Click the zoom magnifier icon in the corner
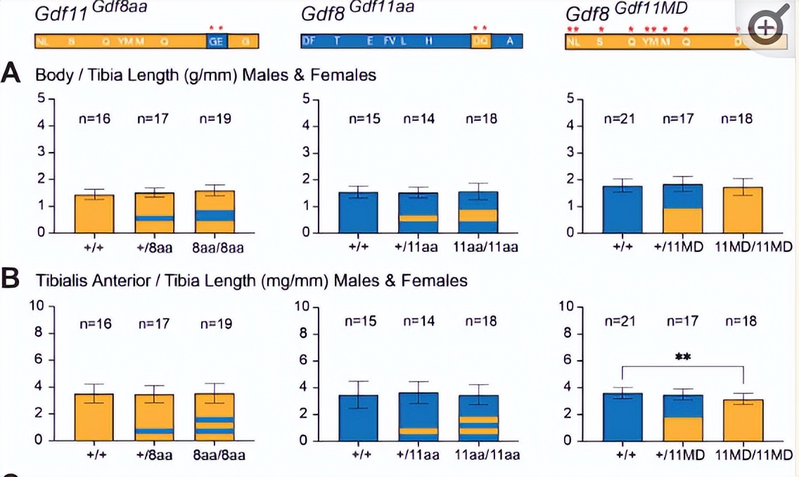point(767,27)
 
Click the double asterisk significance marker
point(682,357)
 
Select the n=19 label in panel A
point(216,119)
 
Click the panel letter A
point(11,73)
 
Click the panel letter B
point(11,279)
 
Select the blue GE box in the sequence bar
point(216,42)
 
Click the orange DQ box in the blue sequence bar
point(481,42)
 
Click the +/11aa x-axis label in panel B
point(418,454)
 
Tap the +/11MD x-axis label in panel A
point(683,246)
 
